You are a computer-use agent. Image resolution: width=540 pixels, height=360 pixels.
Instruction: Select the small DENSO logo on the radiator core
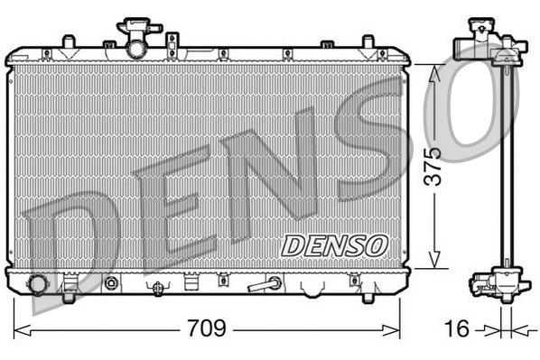pos(335,244)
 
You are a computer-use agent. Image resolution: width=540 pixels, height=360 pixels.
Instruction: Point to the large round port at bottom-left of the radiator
pos(38,285)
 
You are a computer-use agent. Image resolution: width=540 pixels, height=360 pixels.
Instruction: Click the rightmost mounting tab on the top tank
pos(368,42)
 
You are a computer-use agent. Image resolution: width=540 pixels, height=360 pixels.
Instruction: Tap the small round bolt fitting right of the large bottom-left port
pos(112,284)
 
